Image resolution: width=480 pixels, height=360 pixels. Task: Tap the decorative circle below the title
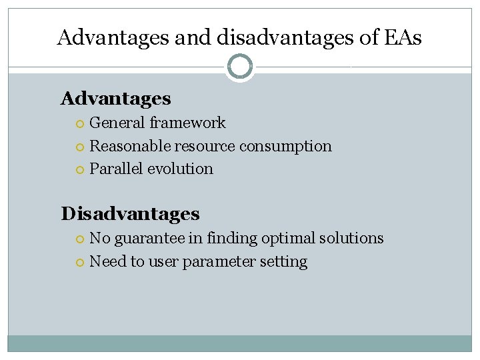pos(240,66)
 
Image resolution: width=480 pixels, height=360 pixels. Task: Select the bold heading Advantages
pos(115,99)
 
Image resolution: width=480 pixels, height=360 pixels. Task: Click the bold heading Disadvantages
pos(130,213)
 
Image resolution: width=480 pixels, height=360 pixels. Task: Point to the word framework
pos(187,123)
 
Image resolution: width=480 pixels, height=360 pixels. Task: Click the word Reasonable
pos(130,146)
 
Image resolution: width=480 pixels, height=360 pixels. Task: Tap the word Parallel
pos(116,169)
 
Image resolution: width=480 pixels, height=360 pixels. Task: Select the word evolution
pos(180,169)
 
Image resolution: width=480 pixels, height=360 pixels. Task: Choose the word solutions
pos(351,238)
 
